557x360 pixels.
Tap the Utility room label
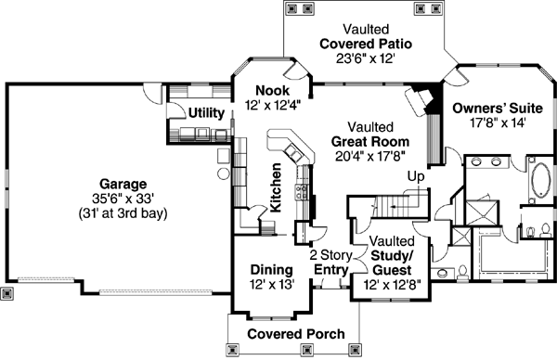(x=206, y=113)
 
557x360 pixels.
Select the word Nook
(x=271, y=91)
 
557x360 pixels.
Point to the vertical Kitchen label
(x=276, y=189)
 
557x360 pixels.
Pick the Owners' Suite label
(x=489, y=108)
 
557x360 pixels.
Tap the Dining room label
(x=271, y=270)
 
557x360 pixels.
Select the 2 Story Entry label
(x=330, y=263)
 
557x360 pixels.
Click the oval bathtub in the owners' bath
(x=538, y=182)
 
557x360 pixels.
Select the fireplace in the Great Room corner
(x=422, y=98)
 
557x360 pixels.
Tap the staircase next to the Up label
(x=390, y=203)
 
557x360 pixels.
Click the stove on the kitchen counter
(x=302, y=193)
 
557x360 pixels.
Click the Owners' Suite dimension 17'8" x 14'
(x=489, y=122)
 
